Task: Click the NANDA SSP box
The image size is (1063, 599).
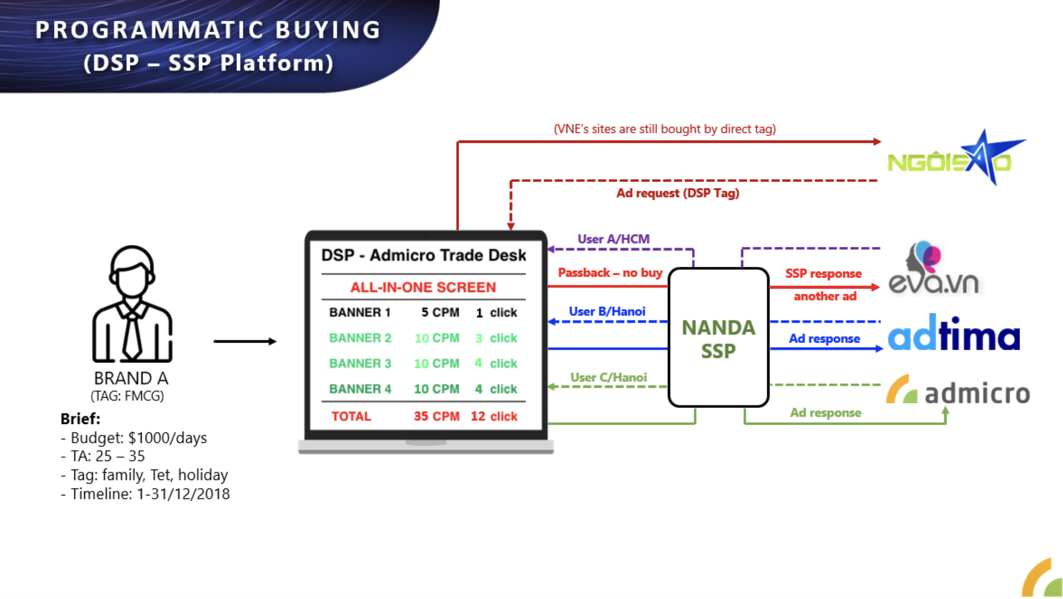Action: [719, 337]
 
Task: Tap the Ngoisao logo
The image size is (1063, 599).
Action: [956, 158]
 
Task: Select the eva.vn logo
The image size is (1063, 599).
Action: [934, 268]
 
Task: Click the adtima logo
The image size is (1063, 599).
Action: [954, 333]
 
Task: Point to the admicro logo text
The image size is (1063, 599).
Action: [977, 393]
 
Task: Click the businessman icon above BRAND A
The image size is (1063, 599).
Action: [132, 303]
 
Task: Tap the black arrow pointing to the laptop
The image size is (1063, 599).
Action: [245, 341]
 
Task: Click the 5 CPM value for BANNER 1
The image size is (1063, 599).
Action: [440, 312]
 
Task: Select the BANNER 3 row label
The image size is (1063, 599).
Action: [360, 363]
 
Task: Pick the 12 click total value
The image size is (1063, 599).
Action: [494, 416]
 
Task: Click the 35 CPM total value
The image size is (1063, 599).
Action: [437, 416]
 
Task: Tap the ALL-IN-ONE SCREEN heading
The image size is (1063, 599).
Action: [423, 287]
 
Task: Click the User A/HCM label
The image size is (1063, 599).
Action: [614, 239]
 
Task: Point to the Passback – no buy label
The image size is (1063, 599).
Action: [610, 273]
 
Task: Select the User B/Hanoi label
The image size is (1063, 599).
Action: [607, 311]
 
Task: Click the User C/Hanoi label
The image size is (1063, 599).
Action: [609, 377]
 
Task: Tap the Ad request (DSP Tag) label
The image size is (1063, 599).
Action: [677, 193]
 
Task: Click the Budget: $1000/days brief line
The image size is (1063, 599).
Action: [134, 438]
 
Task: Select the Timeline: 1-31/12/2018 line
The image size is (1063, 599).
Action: [145, 494]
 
